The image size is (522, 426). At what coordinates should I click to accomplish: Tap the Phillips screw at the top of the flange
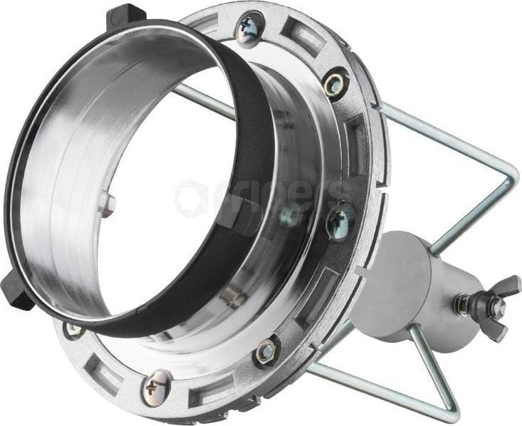[x=251, y=28]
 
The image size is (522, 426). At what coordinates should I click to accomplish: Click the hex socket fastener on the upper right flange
[x=334, y=84]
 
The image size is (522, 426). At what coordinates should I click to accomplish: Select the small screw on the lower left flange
[x=73, y=329]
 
